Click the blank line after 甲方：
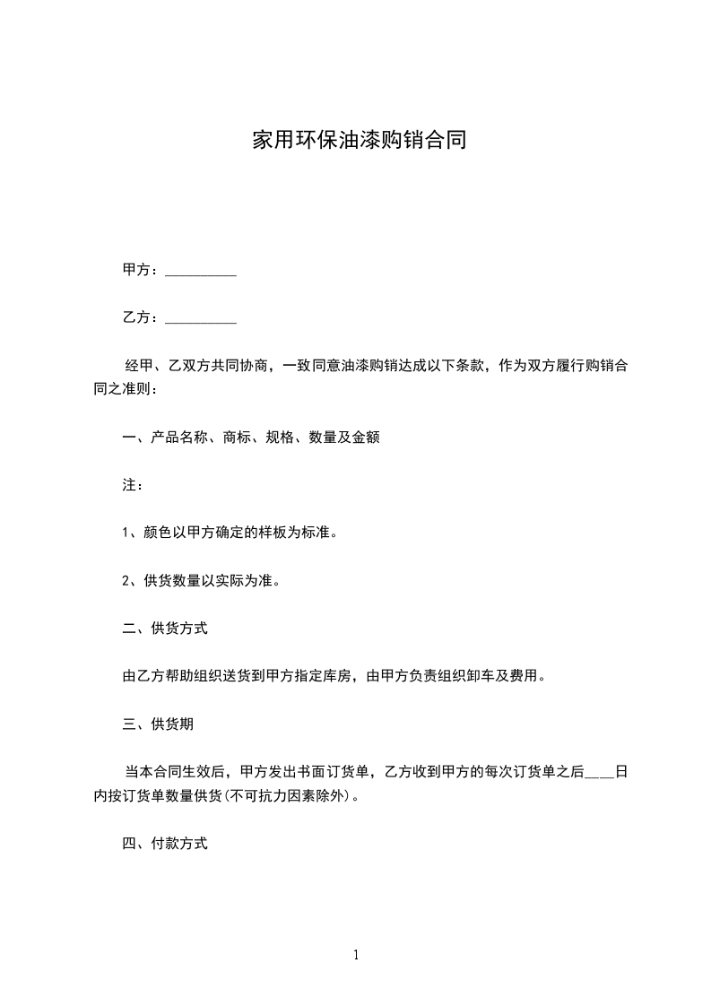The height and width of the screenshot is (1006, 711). tap(202, 271)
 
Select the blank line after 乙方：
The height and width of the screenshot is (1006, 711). tap(202, 318)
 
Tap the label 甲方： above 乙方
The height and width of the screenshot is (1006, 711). tap(142, 270)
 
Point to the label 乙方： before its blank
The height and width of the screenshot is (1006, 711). tap(142, 317)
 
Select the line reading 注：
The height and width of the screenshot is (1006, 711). tap(133, 485)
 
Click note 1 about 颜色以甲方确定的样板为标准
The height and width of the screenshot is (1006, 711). tap(230, 533)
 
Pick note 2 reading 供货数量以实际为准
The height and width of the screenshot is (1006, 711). tap(201, 580)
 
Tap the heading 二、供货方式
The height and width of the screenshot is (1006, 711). tap(165, 629)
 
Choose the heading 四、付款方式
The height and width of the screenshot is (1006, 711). tap(165, 844)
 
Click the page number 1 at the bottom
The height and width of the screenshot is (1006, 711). tap(356, 956)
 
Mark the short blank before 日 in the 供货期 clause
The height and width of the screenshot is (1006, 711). tap(599, 772)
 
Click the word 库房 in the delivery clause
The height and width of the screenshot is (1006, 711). tap(342, 676)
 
